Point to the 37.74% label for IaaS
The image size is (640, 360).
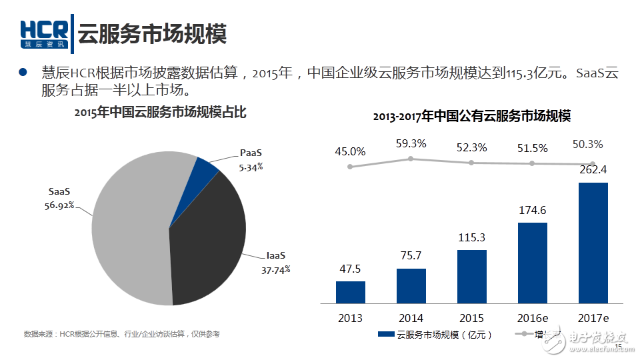pyautogui.click(x=275, y=270)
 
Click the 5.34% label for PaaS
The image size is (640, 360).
pyautogui.click(x=251, y=167)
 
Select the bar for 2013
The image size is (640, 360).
pyautogui.click(x=351, y=292)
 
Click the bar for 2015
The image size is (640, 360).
pyautogui.click(x=472, y=276)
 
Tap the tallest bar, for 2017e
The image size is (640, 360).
pyautogui.click(x=593, y=242)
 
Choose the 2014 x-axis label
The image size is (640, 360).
pyautogui.click(x=411, y=317)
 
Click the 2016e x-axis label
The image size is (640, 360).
pyautogui.click(x=533, y=317)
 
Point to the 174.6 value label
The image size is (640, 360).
pyautogui.click(x=532, y=210)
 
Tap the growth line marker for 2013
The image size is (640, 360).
pyautogui.click(x=350, y=166)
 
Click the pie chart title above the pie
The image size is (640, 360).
pyautogui.click(x=160, y=113)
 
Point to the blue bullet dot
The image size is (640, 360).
pyautogui.click(x=22, y=72)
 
